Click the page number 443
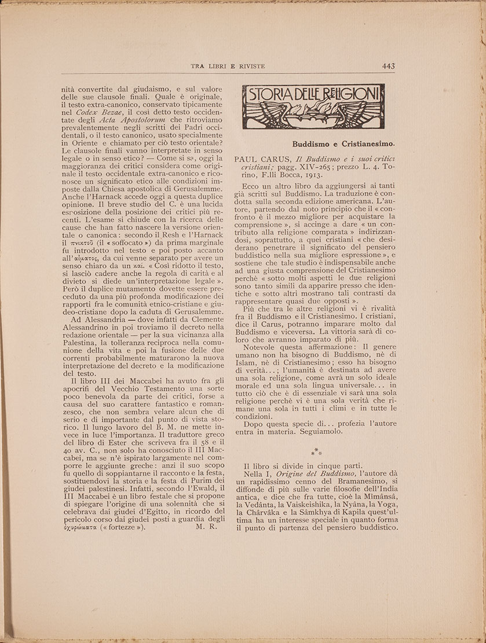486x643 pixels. point(388,67)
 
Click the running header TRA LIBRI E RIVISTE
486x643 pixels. point(228,67)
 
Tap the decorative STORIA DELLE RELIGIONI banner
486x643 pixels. point(313,106)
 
